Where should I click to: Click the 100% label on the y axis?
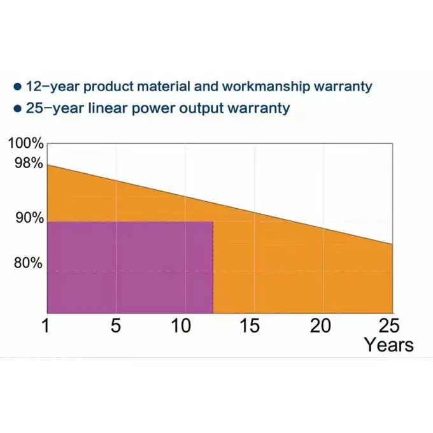pos(26,143)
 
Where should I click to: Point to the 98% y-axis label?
pos(27,163)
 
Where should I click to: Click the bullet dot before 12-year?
pos(18,86)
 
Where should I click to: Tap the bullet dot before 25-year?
pos(18,108)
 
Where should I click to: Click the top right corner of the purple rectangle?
pos(213,222)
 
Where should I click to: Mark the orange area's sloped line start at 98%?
pos(48,165)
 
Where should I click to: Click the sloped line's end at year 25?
pos(392,244)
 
